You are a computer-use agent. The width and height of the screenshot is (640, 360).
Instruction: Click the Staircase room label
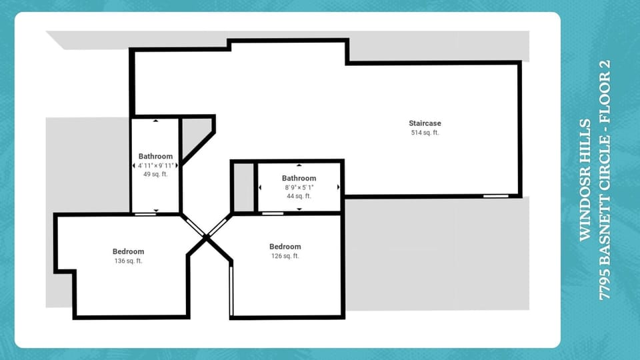tap(425, 123)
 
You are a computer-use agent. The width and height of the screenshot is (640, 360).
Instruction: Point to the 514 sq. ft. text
tap(425, 133)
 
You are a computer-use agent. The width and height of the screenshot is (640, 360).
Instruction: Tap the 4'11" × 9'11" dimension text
tap(155, 165)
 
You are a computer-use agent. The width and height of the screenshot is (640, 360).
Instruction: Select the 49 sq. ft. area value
tap(155, 174)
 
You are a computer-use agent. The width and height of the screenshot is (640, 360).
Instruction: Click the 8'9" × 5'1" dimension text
tap(299, 187)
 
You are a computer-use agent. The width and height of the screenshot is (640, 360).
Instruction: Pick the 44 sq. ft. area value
tap(299, 196)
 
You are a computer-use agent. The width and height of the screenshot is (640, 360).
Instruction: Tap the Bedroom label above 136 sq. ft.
tap(128, 251)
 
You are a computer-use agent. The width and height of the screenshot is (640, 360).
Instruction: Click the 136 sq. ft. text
tap(128, 261)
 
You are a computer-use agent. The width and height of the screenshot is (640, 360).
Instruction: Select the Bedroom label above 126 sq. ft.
tap(285, 247)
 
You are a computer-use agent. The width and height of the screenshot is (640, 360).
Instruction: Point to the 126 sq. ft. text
tap(285, 256)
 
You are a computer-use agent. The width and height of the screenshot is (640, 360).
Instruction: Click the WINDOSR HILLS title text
tap(585, 180)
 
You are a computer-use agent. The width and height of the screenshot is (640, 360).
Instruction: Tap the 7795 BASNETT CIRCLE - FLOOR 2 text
tap(605, 180)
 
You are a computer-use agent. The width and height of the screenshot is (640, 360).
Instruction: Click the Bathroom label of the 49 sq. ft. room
tap(155, 156)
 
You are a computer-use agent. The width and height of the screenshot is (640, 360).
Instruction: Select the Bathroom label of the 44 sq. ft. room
tap(299, 178)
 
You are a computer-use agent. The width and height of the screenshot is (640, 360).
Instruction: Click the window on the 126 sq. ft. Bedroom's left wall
tap(231, 291)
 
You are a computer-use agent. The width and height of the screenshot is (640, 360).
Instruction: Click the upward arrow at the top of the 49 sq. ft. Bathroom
tap(155, 121)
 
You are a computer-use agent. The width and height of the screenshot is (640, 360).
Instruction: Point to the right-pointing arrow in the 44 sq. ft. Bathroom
tap(339, 187)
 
